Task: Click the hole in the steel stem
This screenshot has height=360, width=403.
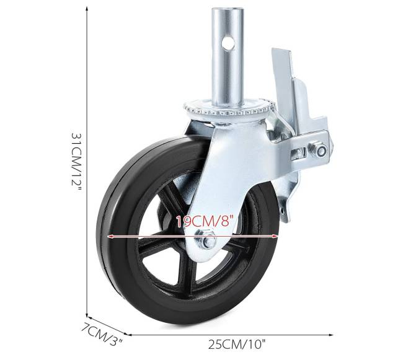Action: click(229, 43)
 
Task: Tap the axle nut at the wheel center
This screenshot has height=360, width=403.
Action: click(207, 241)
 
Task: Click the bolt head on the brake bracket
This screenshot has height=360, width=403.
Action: click(320, 150)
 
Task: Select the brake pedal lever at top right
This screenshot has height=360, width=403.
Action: click(282, 68)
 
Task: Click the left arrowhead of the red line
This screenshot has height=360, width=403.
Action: click(111, 236)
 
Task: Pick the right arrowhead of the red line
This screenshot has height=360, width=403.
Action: click(277, 236)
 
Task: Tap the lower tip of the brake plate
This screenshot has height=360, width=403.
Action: click(286, 217)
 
